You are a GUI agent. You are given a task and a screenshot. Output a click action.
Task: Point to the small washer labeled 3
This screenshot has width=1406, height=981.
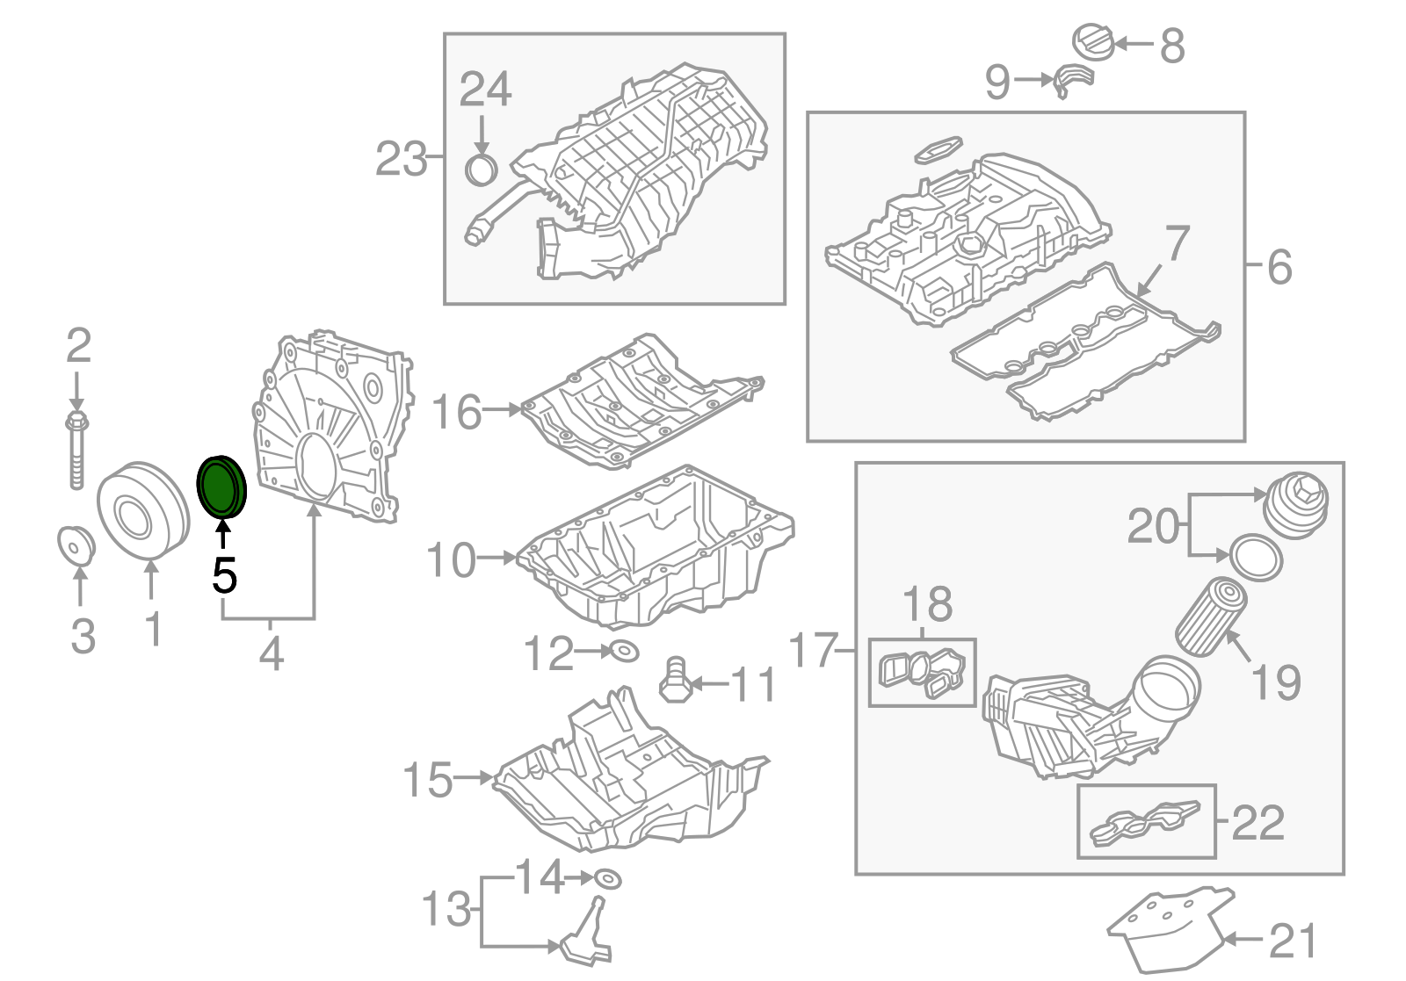76,545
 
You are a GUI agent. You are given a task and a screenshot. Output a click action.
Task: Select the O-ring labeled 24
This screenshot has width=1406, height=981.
481,170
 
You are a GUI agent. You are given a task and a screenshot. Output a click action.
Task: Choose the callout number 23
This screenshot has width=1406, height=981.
401,160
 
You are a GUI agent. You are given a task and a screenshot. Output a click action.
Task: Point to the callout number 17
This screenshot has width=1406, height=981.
813,651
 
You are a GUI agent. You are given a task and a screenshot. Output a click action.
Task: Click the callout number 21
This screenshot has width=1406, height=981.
1293,941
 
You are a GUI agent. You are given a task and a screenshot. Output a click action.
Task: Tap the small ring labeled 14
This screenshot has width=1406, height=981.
605,878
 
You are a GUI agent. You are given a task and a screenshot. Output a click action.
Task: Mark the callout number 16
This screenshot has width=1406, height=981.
457,411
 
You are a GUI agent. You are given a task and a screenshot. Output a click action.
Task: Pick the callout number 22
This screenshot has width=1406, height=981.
1258,823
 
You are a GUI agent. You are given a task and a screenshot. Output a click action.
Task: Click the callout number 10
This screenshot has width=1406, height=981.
450,559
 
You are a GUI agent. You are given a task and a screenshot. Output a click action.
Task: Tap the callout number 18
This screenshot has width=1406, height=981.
927,604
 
